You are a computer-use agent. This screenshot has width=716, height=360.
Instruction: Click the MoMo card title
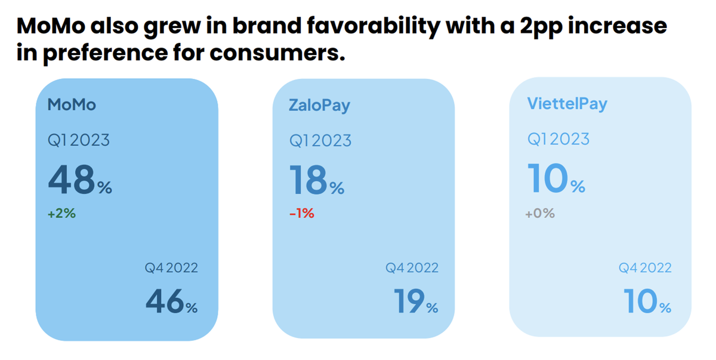point(72,104)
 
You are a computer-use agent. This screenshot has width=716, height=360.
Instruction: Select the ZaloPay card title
point(319,106)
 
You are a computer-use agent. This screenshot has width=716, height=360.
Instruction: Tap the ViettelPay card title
point(567,104)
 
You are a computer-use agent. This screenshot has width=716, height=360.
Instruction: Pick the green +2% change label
point(61,213)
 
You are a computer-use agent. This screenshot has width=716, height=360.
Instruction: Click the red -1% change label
point(301,213)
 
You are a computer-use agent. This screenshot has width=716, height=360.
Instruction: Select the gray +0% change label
point(540,213)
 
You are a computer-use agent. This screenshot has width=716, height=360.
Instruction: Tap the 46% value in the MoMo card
point(171,302)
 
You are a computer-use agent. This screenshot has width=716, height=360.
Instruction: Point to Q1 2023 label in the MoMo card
point(79,140)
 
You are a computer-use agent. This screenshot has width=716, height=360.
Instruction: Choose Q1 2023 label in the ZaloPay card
point(320,141)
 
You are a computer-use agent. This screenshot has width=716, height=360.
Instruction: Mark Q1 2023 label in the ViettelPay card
point(558,139)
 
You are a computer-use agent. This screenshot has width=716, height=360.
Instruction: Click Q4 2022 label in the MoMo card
point(171,268)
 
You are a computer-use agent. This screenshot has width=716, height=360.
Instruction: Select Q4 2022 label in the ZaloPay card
point(412,268)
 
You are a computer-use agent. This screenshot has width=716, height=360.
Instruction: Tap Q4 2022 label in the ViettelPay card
point(645,268)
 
